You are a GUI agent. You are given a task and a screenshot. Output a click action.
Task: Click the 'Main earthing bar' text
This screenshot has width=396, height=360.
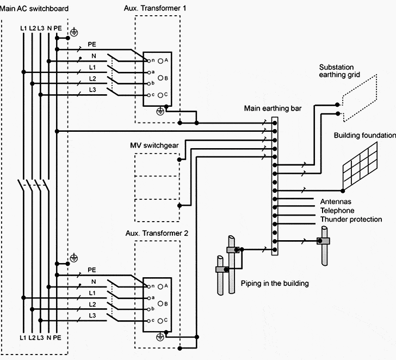(x=273, y=108)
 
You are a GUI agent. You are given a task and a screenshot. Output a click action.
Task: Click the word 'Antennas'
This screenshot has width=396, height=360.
(x=336, y=202)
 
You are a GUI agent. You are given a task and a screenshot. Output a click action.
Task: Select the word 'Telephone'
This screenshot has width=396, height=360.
(x=337, y=210)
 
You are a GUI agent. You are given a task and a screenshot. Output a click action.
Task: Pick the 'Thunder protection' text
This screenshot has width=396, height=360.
(x=351, y=219)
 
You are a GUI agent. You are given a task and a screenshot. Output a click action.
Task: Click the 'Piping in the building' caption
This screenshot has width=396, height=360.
(x=275, y=284)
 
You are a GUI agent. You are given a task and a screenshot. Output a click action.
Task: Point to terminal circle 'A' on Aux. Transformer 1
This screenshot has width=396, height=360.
(x=161, y=60)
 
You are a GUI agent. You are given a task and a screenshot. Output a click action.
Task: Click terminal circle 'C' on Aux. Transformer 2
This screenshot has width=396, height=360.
(x=161, y=321)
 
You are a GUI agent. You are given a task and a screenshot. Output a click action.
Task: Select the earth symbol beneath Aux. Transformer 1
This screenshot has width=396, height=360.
(x=160, y=111)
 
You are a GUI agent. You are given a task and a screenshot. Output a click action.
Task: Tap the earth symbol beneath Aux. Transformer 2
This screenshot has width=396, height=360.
(x=160, y=338)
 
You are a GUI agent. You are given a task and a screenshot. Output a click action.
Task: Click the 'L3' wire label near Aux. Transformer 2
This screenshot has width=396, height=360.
(x=92, y=315)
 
